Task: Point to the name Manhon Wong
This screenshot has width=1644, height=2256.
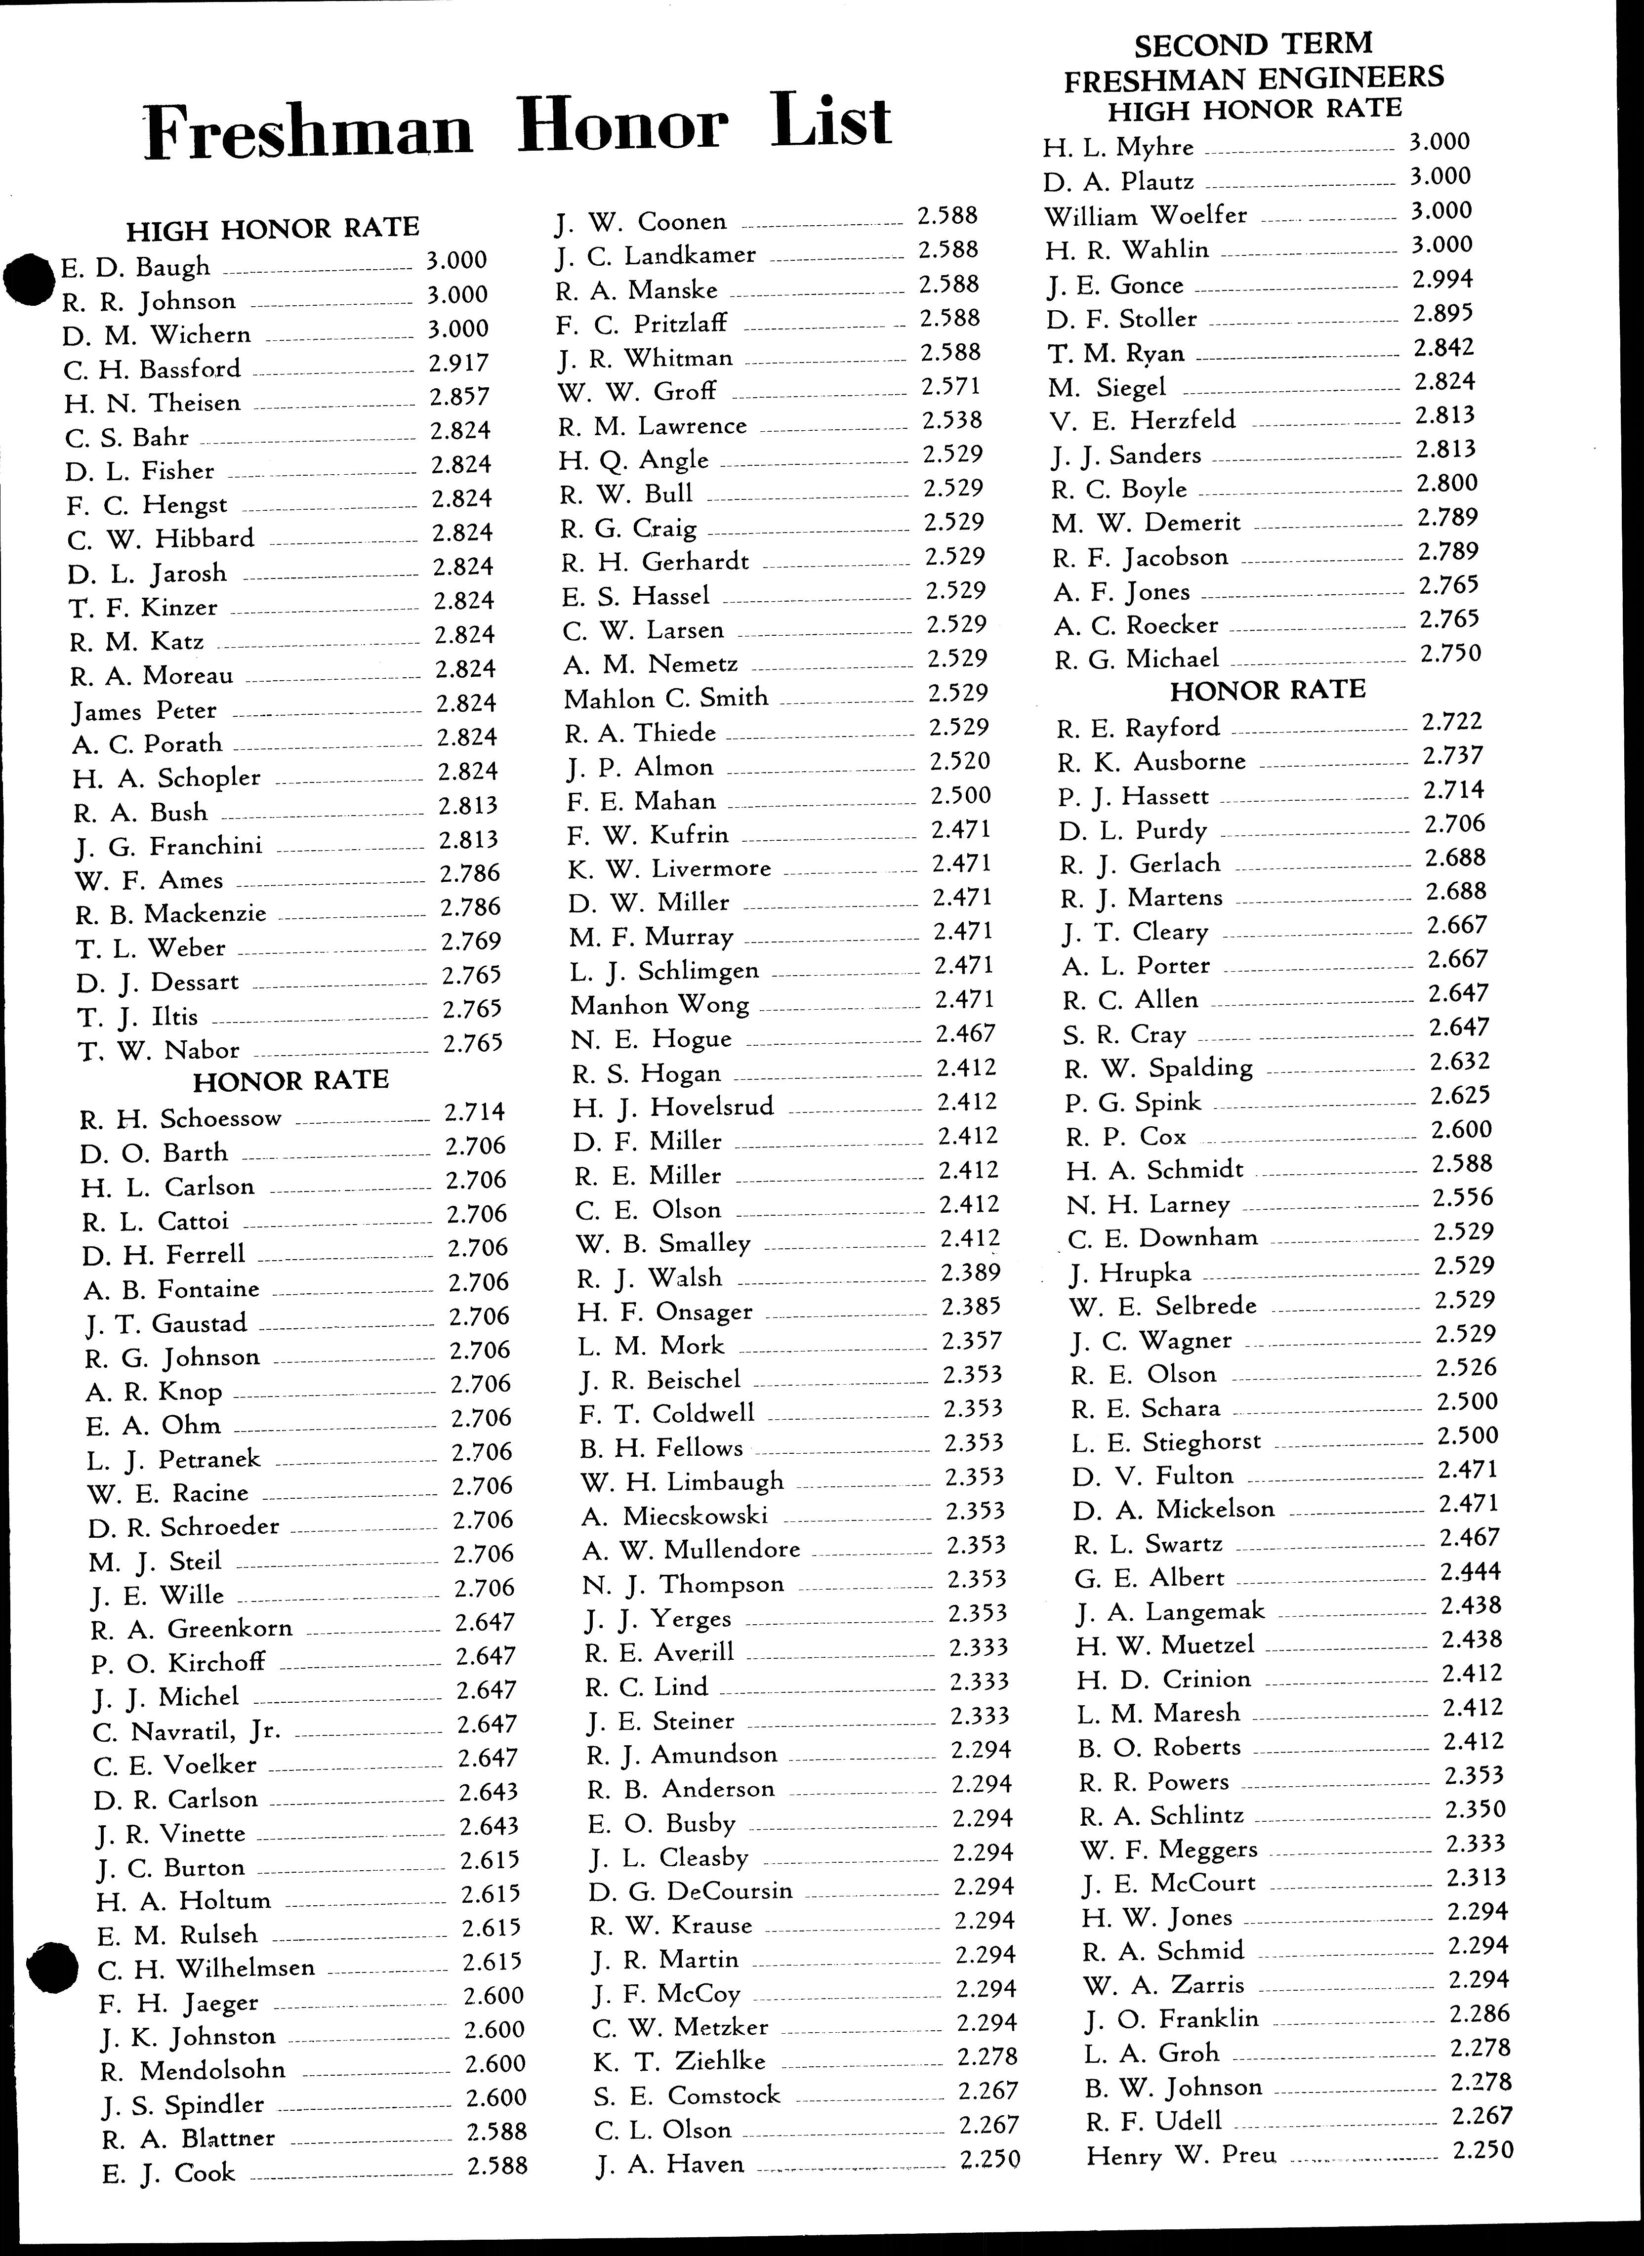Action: tap(659, 1004)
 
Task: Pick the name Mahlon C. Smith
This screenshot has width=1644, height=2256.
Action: tap(666, 697)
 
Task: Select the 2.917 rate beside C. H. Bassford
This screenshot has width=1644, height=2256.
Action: tap(459, 363)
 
